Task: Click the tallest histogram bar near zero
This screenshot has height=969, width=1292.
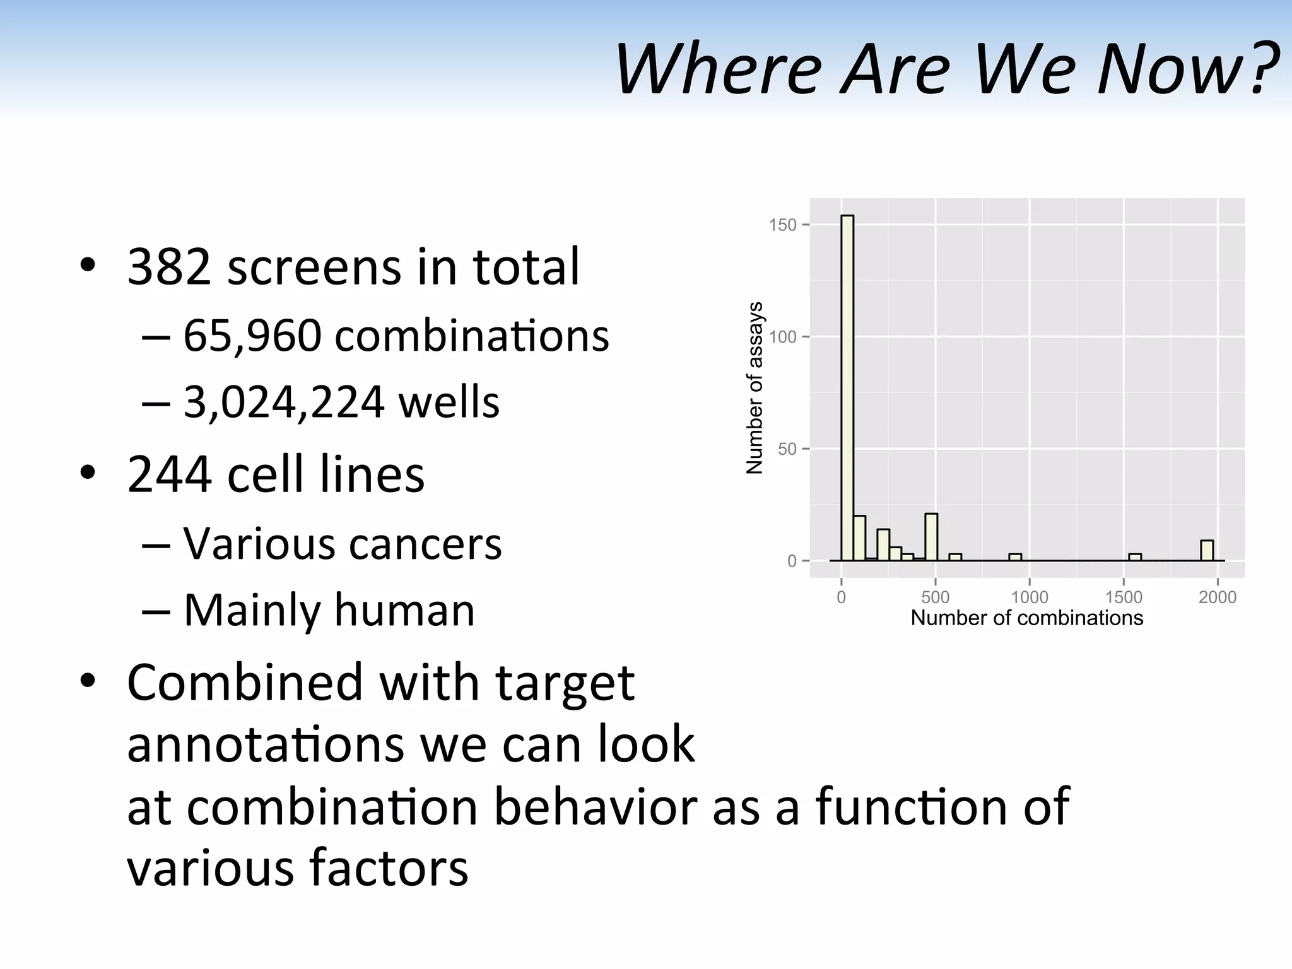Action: [x=847, y=387]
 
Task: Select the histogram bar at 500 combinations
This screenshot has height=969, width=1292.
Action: [x=931, y=537]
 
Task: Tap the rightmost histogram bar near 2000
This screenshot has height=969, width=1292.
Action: [x=1207, y=551]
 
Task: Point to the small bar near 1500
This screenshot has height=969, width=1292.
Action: [x=1135, y=557]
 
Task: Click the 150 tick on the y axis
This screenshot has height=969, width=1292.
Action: [x=783, y=225]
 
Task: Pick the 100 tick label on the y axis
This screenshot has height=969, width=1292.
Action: [x=783, y=337]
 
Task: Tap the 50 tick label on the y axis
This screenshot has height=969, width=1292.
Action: [x=787, y=449]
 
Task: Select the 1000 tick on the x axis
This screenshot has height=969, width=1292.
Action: [x=1030, y=597]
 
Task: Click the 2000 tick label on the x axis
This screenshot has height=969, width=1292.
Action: [x=1218, y=597]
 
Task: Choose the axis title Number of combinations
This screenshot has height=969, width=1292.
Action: [x=1026, y=618]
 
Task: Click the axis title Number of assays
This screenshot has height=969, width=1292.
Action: [x=755, y=387]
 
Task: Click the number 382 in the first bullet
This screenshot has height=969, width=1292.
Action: [x=168, y=267]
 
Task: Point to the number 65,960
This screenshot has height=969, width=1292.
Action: [x=252, y=336]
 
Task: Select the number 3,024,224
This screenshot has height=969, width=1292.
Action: [x=283, y=402]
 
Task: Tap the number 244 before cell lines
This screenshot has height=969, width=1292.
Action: [x=168, y=474]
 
